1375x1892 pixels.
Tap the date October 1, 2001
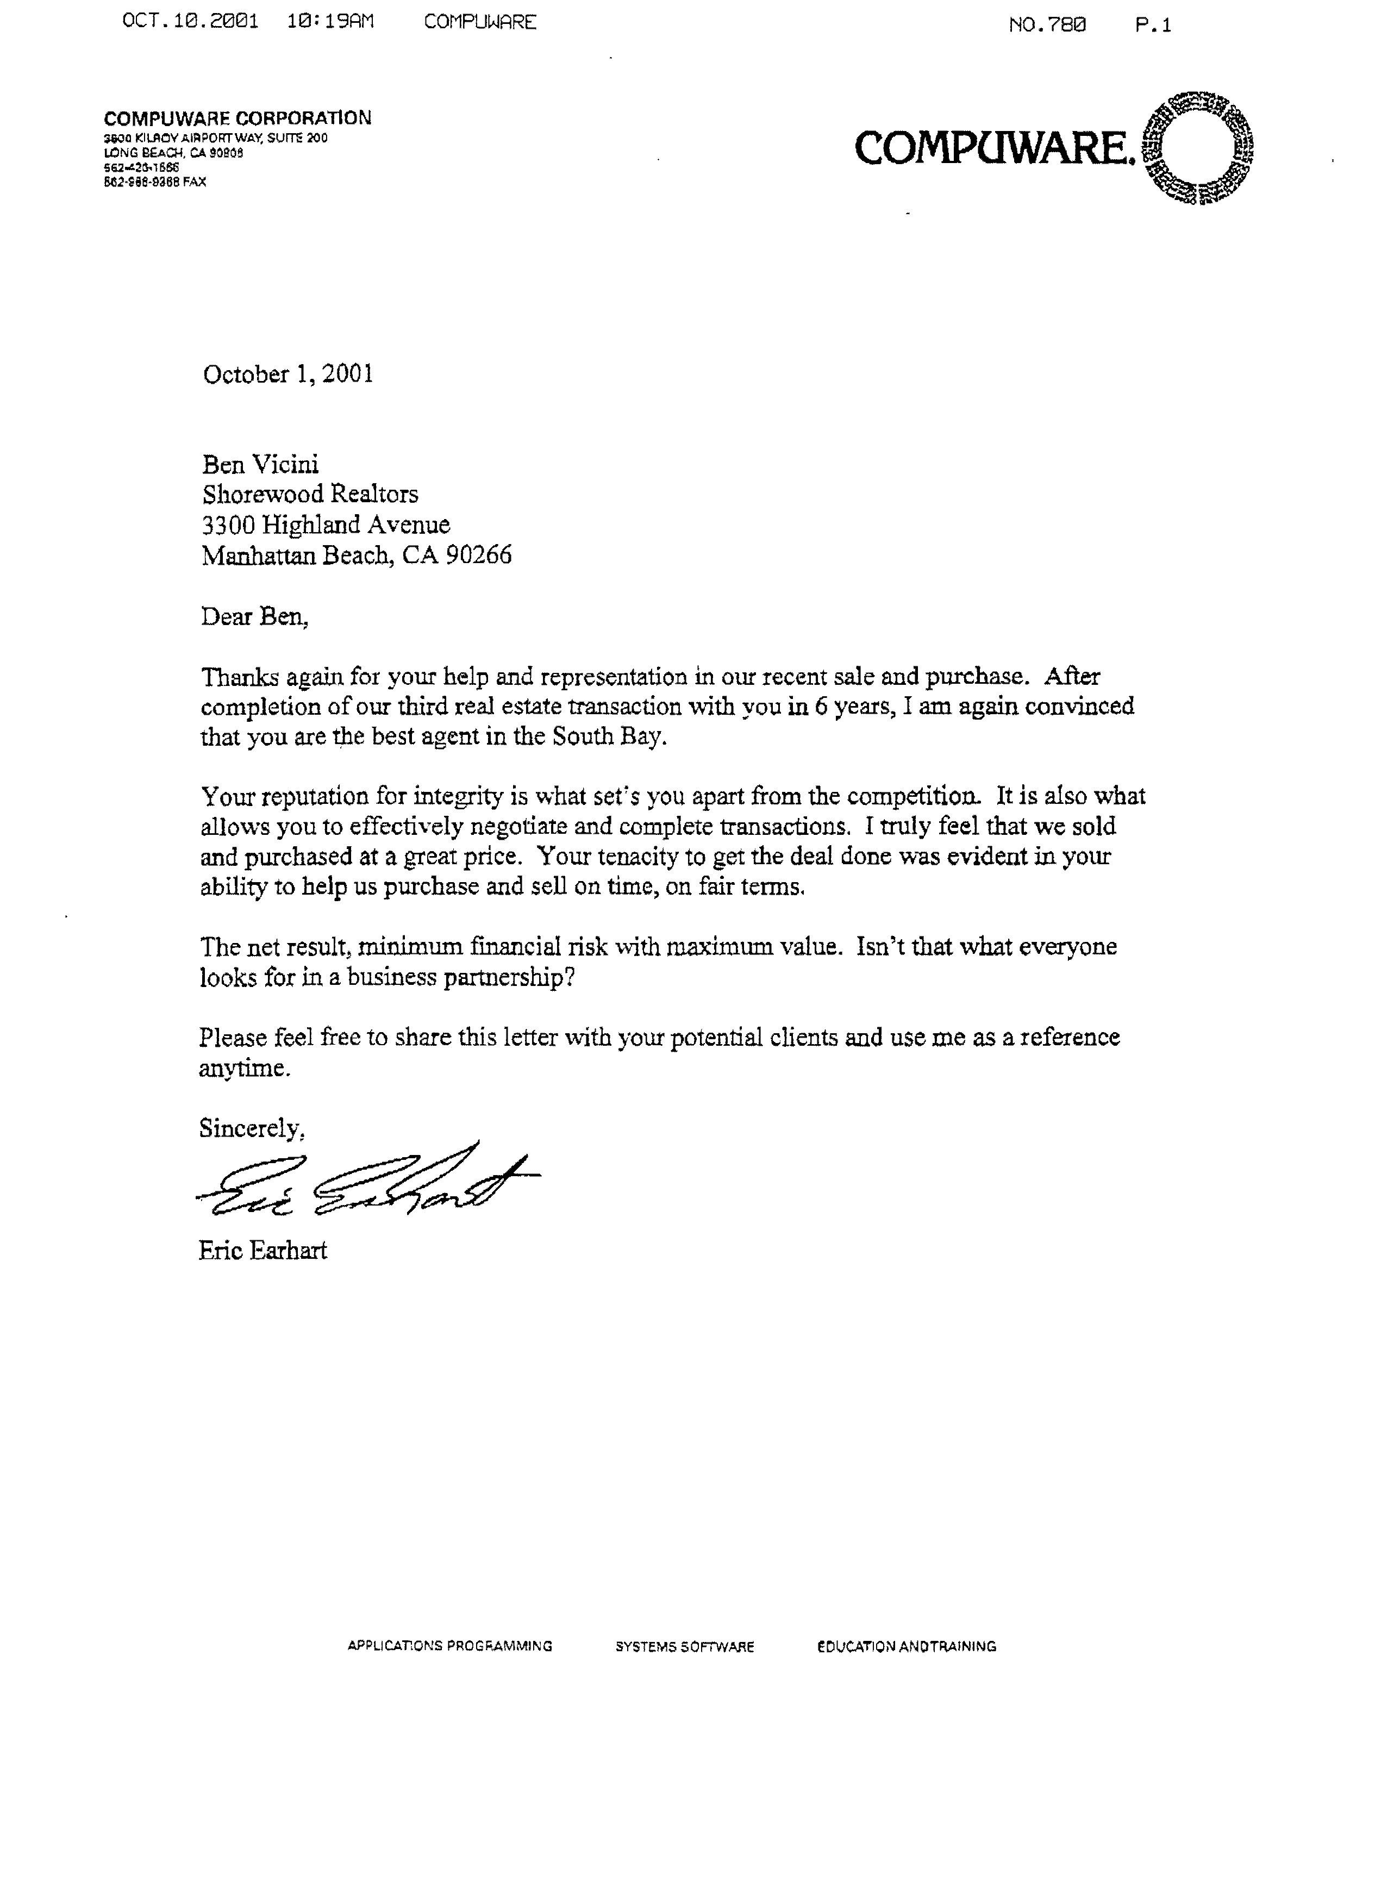coord(288,374)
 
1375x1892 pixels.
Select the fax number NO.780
coord(1047,25)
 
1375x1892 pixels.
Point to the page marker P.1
coord(1153,25)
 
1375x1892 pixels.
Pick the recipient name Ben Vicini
coord(260,465)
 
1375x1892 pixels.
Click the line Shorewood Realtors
coord(310,495)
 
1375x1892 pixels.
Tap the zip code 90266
coord(478,555)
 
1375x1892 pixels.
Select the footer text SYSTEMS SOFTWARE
coord(685,1647)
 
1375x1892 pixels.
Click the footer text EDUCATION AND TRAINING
coord(907,1647)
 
